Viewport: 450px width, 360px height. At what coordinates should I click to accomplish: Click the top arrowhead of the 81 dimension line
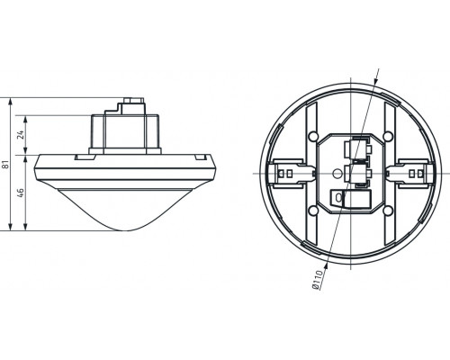[8, 96]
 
